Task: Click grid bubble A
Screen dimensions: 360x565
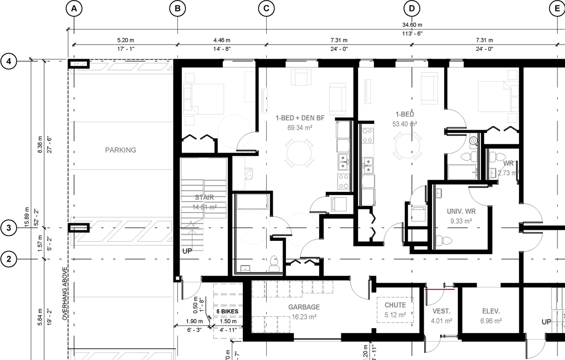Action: (74, 8)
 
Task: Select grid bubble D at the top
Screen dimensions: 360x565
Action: (412, 8)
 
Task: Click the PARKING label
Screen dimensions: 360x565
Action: (121, 150)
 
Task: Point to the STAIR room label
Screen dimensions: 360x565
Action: (204, 197)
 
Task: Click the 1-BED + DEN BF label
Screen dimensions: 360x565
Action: (300, 118)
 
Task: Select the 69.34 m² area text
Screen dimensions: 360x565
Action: (300, 127)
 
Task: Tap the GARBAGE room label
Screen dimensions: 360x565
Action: (304, 307)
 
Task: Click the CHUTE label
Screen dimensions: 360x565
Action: (395, 305)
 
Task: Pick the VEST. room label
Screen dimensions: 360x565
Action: (441, 311)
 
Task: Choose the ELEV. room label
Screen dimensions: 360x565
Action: (490, 311)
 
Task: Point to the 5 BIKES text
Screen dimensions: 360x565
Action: (227, 311)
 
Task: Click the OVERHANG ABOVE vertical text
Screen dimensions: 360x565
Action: (64, 293)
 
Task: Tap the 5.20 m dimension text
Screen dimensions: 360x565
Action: (126, 40)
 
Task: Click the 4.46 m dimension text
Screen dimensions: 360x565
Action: (222, 40)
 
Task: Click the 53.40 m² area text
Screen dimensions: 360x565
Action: (405, 124)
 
